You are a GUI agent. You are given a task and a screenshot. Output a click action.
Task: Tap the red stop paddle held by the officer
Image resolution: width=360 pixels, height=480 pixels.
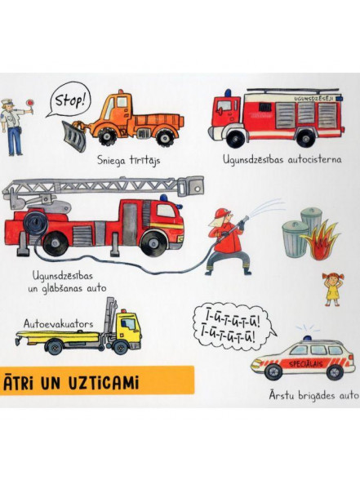click(30, 104)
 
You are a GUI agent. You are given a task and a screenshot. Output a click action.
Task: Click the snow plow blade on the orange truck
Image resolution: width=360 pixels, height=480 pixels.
click(75, 136)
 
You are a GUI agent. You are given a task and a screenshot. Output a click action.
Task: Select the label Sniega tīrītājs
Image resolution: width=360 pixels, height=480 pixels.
click(129, 160)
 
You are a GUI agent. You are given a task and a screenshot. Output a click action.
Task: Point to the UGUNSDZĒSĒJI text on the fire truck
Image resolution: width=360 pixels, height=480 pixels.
click(313, 99)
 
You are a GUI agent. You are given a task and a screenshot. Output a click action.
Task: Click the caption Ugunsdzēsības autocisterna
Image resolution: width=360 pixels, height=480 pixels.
click(282, 159)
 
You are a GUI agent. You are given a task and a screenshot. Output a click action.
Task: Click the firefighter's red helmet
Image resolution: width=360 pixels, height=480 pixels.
click(222, 213)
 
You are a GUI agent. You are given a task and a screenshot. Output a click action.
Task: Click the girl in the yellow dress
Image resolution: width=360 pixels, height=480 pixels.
click(332, 289)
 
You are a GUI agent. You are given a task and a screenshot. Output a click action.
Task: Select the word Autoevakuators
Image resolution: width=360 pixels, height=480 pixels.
click(58, 323)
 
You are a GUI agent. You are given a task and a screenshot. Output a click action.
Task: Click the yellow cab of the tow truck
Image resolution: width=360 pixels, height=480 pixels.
click(129, 328)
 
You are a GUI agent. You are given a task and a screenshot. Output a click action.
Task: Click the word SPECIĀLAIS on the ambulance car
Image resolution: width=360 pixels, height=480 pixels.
click(306, 364)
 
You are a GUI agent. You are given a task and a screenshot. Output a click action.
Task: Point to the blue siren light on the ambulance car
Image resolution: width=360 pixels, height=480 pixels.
click(307, 338)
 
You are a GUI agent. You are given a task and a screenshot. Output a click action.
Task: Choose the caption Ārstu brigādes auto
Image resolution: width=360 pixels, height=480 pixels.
click(314, 395)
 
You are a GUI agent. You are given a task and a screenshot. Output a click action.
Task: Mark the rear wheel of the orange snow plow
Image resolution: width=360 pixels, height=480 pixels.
click(165, 137)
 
